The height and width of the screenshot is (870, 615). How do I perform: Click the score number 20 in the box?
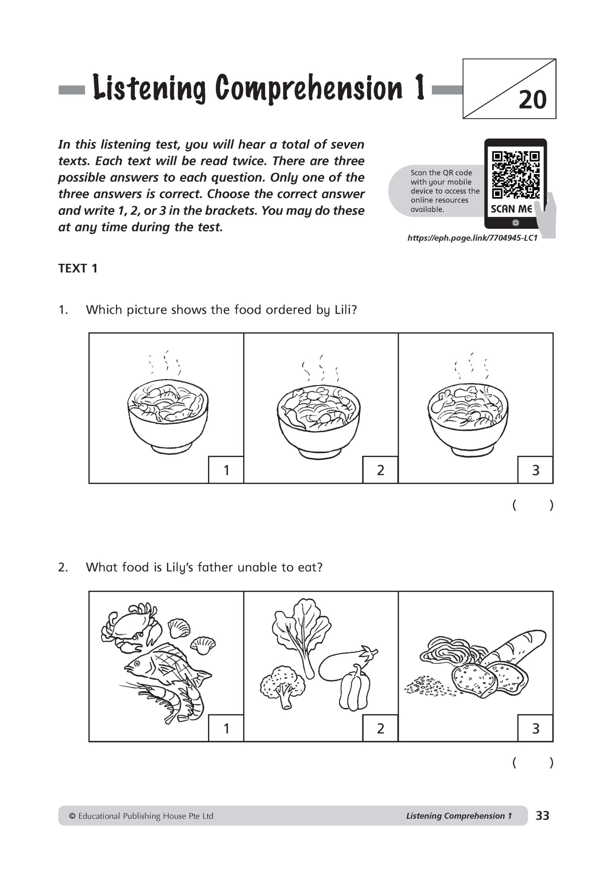click(x=532, y=100)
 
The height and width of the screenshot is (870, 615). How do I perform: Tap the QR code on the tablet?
click(x=515, y=175)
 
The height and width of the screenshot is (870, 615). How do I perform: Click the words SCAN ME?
click(x=511, y=209)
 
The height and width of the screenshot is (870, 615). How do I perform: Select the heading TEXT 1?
click(x=78, y=268)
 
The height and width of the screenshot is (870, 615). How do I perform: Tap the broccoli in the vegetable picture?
click(x=282, y=685)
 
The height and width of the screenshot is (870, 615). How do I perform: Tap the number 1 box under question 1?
click(x=226, y=470)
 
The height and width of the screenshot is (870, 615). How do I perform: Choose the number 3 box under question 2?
click(x=535, y=728)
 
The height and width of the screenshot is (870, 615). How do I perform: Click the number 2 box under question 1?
click(x=381, y=470)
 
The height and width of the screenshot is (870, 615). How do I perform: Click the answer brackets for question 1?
click(x=533, y=505)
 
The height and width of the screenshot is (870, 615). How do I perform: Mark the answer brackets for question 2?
click(x=533, y=763)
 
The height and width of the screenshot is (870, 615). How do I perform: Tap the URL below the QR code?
click(x=472, y=238)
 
